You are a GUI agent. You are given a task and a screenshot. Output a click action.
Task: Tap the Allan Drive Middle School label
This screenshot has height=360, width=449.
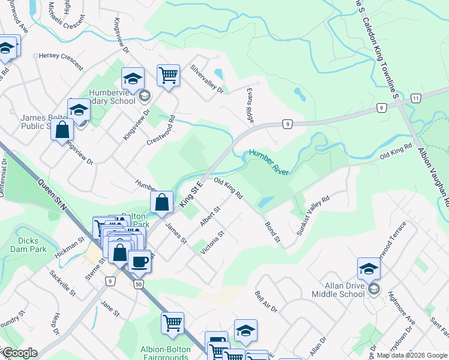coord(338,290)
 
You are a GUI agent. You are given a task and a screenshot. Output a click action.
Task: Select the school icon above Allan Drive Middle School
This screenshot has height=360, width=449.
coord(369,269)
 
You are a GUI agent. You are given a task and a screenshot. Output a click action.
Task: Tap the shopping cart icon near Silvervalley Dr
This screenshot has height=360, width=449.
coord(169,76)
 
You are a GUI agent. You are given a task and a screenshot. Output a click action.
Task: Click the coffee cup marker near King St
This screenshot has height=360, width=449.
coord(139,262)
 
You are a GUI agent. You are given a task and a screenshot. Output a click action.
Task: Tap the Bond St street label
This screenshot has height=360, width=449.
coord(273,232)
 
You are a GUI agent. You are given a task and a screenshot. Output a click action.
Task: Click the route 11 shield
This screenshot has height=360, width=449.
coord(416,97)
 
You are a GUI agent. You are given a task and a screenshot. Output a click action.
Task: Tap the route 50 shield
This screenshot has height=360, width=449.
coord(138,284)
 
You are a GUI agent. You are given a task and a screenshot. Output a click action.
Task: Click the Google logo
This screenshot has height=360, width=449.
coord(20,353)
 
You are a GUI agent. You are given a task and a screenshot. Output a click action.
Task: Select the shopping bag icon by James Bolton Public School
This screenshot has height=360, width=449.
coord(62,129)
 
